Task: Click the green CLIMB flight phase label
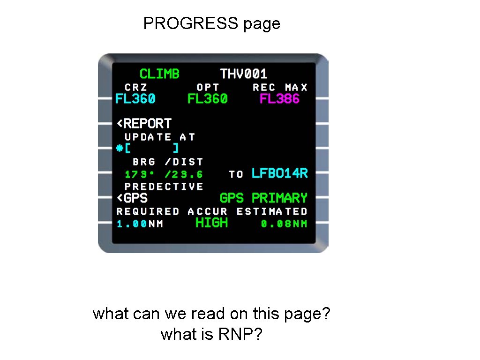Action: pos(159,74)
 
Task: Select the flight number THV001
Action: pos(243,74)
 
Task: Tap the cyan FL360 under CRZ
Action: pos(135,99)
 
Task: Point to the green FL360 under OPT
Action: pos(207,99)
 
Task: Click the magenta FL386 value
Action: pos(279,99)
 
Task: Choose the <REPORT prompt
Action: pos(144,124)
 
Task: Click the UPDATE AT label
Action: pos(159,137)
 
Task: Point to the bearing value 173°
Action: pos(139,174)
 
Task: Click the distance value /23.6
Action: pos(184,174)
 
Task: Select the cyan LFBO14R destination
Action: pos(279,173)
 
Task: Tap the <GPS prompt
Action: pos(132,198)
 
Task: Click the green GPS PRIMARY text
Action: pos(263,198)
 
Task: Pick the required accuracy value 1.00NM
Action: pos(140,224)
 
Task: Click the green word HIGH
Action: pos(211,223)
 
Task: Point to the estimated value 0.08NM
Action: pos(284,224)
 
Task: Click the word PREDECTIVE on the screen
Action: pos(164,187)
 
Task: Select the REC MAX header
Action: pos(280,87)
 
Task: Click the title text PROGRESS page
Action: pos(211,23)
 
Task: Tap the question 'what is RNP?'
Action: pos(211,334)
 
